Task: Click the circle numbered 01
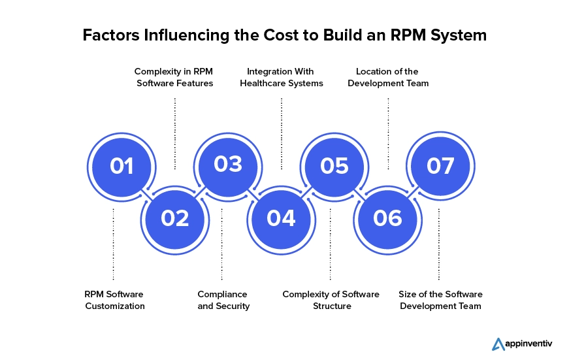(x=122, y=166)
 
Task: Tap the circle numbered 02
(x=174, y=218)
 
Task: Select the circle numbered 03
(x=228, y=165)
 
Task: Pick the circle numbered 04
(x=281, y=218)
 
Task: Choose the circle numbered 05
(x=334, y=166)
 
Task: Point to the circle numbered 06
(x=387, y=218)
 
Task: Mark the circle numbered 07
(x=440, y=166)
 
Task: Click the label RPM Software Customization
(x=114, y=300)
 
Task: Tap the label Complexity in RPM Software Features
(x=174, y=77)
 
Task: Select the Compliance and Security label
(x=223, y=300)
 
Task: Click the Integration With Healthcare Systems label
(x=281, y=77)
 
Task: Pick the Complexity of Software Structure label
(x=331, y=300)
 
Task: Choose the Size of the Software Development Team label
(x=440, y=300)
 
